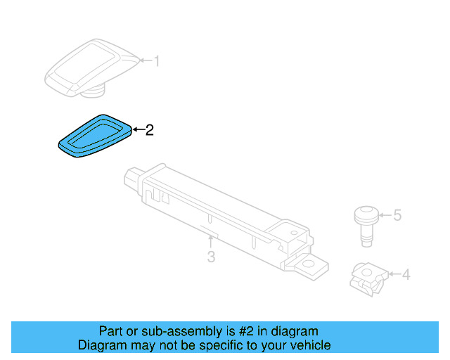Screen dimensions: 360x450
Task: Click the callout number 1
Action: point(157,62)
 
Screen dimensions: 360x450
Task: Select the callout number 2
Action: point(148,129)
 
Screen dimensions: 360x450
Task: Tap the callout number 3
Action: point(211,257)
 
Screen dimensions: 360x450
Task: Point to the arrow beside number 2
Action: point(138,129)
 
